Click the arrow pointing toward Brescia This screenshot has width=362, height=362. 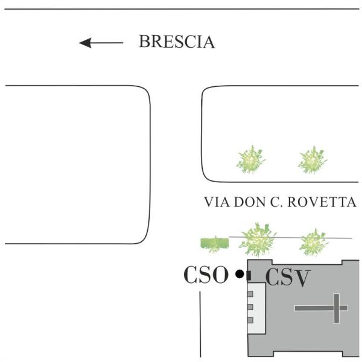point(100,43)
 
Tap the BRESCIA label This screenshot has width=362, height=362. point(176,42)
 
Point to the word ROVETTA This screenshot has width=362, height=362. point(325,202)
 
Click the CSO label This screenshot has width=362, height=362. point(206,275)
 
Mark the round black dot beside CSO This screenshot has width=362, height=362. point(240,275)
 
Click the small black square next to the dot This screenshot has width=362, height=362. point(249,276)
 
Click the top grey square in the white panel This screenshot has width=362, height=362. point(250,294)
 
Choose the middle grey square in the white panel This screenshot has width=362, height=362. point(250,307)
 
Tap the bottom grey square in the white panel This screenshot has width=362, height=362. point(250,320)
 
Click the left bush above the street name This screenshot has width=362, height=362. point(250,160)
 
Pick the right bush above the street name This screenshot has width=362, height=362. point(313,160)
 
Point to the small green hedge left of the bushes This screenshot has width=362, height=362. point(214,243)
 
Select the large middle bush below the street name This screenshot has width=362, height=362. point(258,240)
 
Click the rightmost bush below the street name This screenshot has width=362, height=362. point(314,242)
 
